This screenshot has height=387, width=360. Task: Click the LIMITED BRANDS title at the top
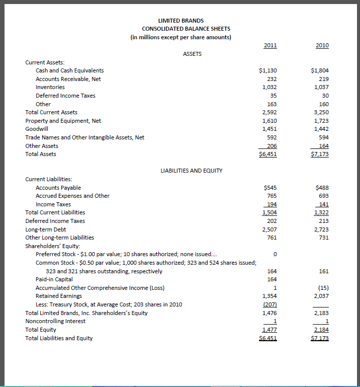coord(181,21)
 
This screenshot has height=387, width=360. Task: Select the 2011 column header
coord(270,45)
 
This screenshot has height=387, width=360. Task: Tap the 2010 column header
coord(322,45)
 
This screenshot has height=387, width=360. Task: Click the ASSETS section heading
coord(192,54)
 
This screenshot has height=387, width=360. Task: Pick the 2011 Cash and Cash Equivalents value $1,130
coord(268,70)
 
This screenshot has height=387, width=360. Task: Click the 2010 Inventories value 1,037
coord(320,87)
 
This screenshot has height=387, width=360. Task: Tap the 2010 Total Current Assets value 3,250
coord(320,112)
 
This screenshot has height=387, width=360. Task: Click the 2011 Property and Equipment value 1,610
coord(269,121)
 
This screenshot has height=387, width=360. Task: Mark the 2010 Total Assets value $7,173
coord(319,154)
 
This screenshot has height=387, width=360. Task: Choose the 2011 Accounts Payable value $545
coord(270,188)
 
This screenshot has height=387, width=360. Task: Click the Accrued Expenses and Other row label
coord(72,196)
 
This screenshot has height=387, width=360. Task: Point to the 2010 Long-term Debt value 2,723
coord(320,229)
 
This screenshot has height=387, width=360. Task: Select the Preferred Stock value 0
coord(275,253)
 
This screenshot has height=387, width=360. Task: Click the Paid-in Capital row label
coord(54,279)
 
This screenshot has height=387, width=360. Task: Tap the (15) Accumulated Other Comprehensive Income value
coord(323,288)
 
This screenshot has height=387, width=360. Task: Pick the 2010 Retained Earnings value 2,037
coord(320,296)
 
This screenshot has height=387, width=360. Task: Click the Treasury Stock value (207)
coord(271,304)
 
